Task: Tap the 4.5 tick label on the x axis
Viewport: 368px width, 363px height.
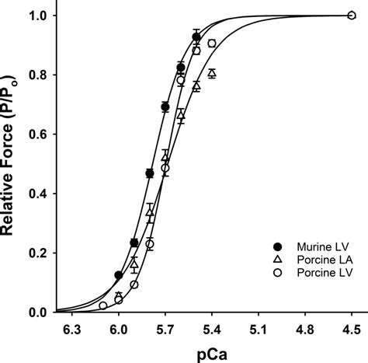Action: (x=351, y=329)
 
